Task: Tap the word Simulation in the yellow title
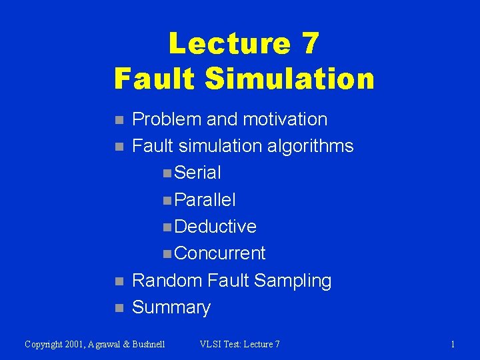290,79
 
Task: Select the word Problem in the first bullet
167,120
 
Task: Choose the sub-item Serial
197,173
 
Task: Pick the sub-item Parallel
205,200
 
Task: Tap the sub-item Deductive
215,227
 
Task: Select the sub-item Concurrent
220,253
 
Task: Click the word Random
167,281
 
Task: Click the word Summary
171,307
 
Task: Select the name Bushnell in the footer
147,344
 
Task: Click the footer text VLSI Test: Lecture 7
240,344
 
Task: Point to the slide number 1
453,344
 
